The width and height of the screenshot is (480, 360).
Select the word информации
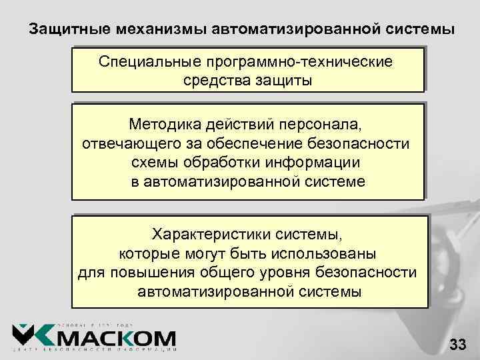(316, 163)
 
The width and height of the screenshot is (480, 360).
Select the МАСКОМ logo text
(117, 339)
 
